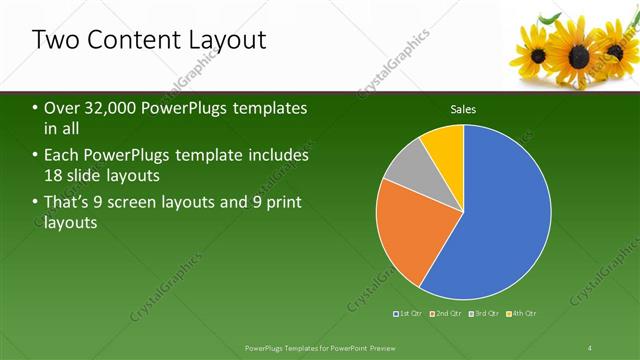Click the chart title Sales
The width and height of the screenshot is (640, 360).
pyautogui.click(x=463, y=108)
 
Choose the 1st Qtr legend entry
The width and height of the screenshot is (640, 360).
pyautogui.click(x=408, y=314)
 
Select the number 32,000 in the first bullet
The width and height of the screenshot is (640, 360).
pyautogui.click(x=112, y=108)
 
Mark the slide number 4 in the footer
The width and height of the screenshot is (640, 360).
pyautogui.click(x=590, y=347)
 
